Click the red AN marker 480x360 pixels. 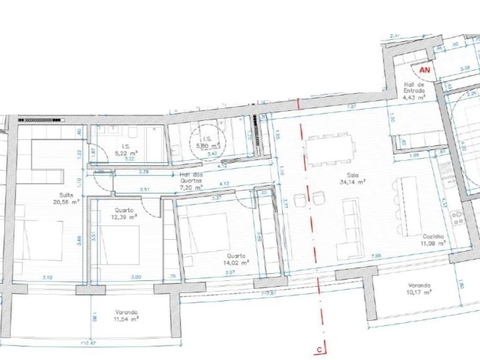[425, 70]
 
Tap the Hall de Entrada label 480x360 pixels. [414, 90]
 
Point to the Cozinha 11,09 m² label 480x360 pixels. [432, 240]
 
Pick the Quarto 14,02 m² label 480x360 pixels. [236, 260]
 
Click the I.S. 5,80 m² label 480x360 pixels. [208, 142]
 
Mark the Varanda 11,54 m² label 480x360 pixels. [126, 315]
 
